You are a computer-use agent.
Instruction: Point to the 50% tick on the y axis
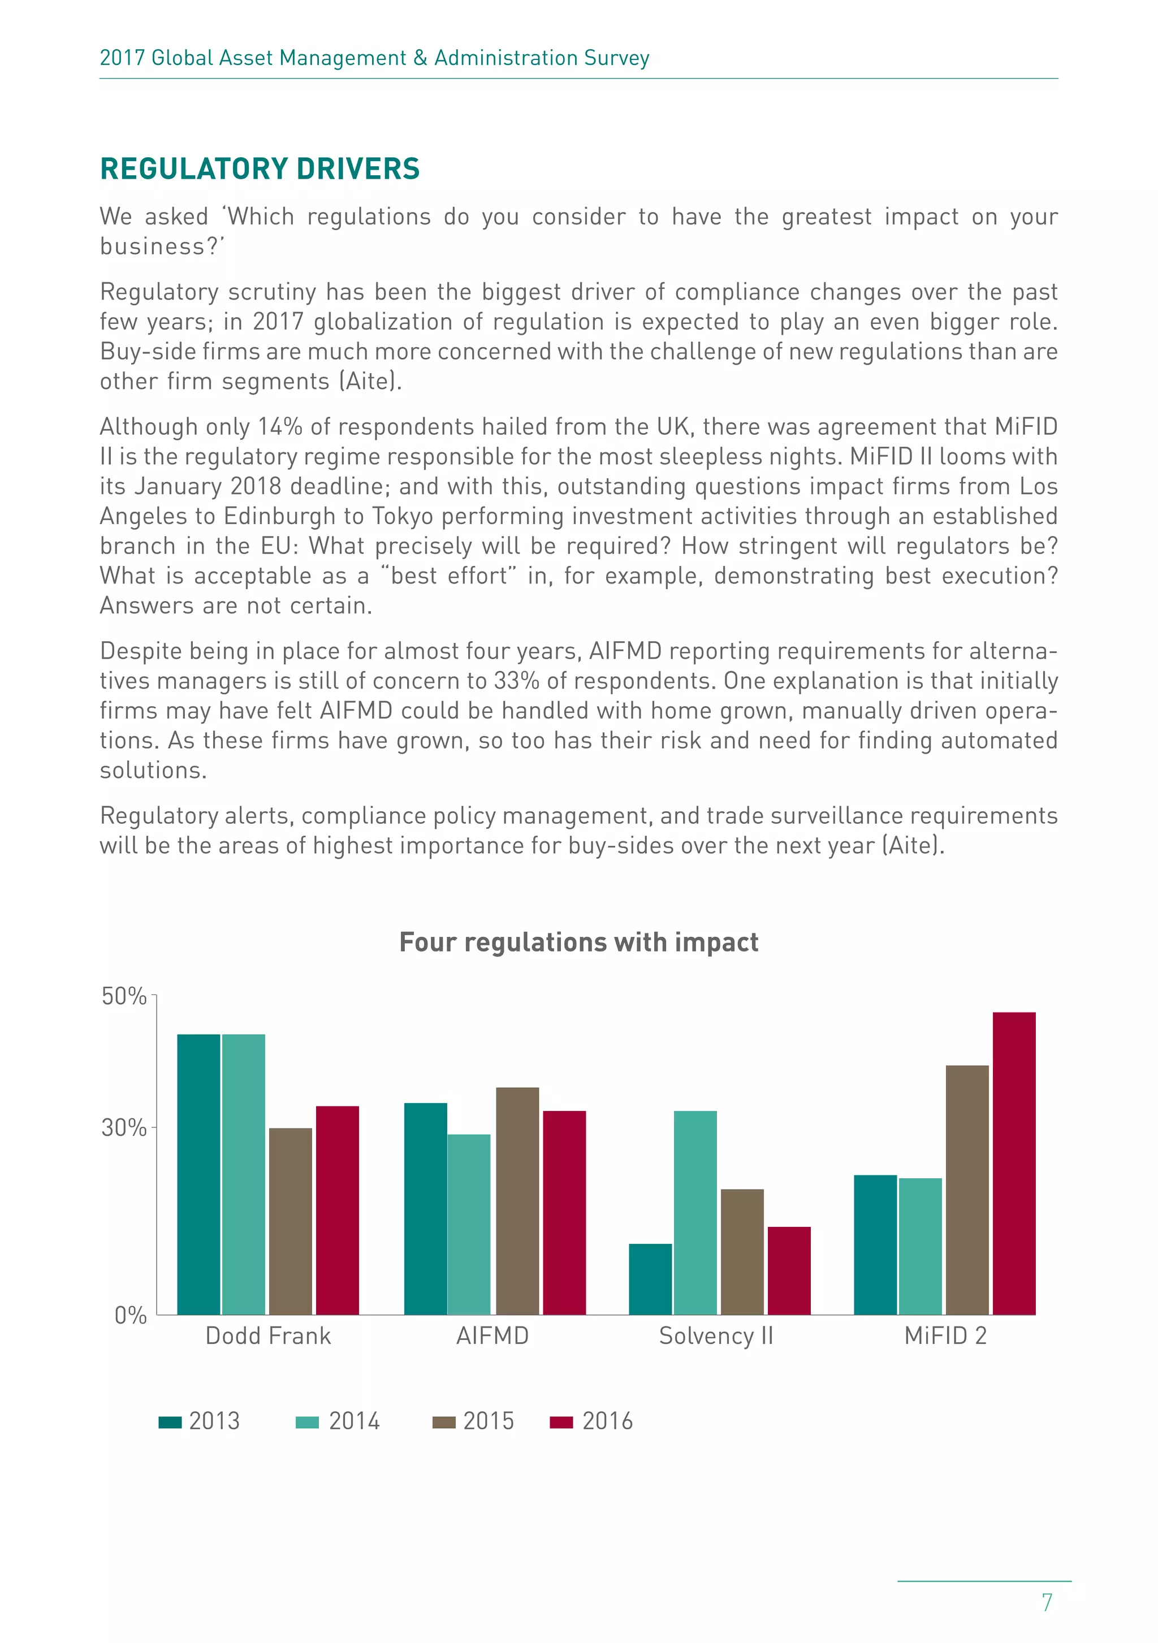pyautogui.click(x=124, y=996)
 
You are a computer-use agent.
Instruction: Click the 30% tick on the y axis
pyautogui.click(x=124, y=1128)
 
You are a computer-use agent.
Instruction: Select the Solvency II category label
pyautogui.click(x=716, y=1335)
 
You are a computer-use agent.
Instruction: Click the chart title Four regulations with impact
pyautogui.click(x=578, y=942)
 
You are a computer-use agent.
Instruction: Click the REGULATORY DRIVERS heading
pyautogui.click(x=260, y=169)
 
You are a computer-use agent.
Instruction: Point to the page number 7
pyautogui.click(x=1047, y=1602)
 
